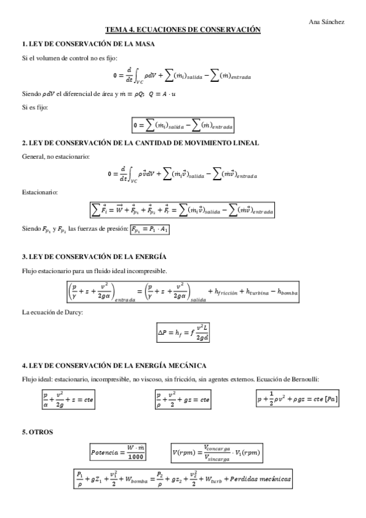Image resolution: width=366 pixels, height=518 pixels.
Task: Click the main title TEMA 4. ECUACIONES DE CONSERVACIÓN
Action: click(x=183, y=29)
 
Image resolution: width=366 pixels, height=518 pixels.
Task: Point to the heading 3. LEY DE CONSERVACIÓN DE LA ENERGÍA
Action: click(x=94, y=256)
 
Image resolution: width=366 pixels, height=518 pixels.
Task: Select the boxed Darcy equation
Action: click(x=183, y=332)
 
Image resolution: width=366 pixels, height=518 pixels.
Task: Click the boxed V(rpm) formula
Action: click(x=218, y=453)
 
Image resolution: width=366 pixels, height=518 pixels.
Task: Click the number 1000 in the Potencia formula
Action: click(x=137, y=456)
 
